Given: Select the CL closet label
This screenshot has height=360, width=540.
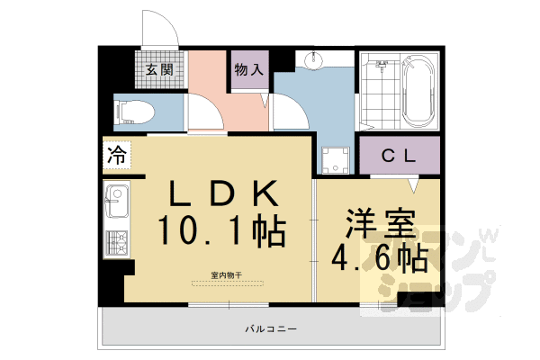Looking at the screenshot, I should [x=399, y=155].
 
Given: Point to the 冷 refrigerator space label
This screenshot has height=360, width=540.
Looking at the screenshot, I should [x=117, y=154].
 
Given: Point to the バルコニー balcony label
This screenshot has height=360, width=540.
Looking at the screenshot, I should [x=271, y=329].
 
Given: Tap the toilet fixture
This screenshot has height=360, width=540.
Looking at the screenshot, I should [x=136, y=114].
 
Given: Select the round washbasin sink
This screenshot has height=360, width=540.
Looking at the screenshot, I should [x=315, y=62].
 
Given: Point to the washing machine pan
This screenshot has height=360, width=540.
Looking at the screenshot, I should [x=337, y=159].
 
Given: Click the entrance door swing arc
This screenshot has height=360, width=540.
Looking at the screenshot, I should [x=161, y=25].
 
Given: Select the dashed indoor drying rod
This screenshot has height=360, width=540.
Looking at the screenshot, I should [x=227, y=283].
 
